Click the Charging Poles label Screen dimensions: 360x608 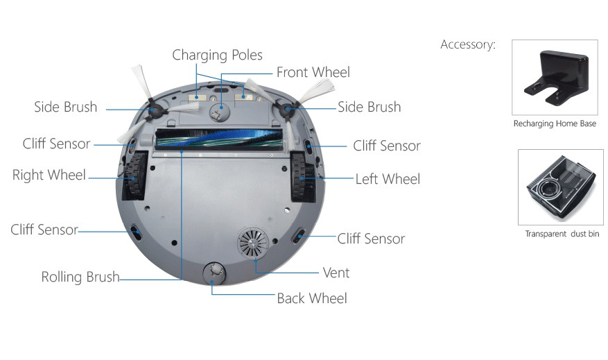click(217, 55)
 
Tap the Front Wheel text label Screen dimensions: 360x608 click(313, 72)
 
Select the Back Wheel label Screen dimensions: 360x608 click(311, 298)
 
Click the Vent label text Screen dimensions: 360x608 click(336, 273)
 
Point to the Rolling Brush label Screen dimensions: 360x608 click(80, 277)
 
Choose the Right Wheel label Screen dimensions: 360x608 click(49, 175)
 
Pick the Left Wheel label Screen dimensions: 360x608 click(388, 179)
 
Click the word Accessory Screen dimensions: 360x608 click(468, 45)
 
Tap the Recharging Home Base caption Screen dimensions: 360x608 click(555, 124)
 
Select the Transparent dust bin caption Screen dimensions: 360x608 click(562, 234)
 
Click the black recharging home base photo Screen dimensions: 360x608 click(553, 78)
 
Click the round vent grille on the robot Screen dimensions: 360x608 click(250, 244)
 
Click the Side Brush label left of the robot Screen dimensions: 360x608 click(66, 108)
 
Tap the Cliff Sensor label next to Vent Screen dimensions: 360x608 click(371, 239)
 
